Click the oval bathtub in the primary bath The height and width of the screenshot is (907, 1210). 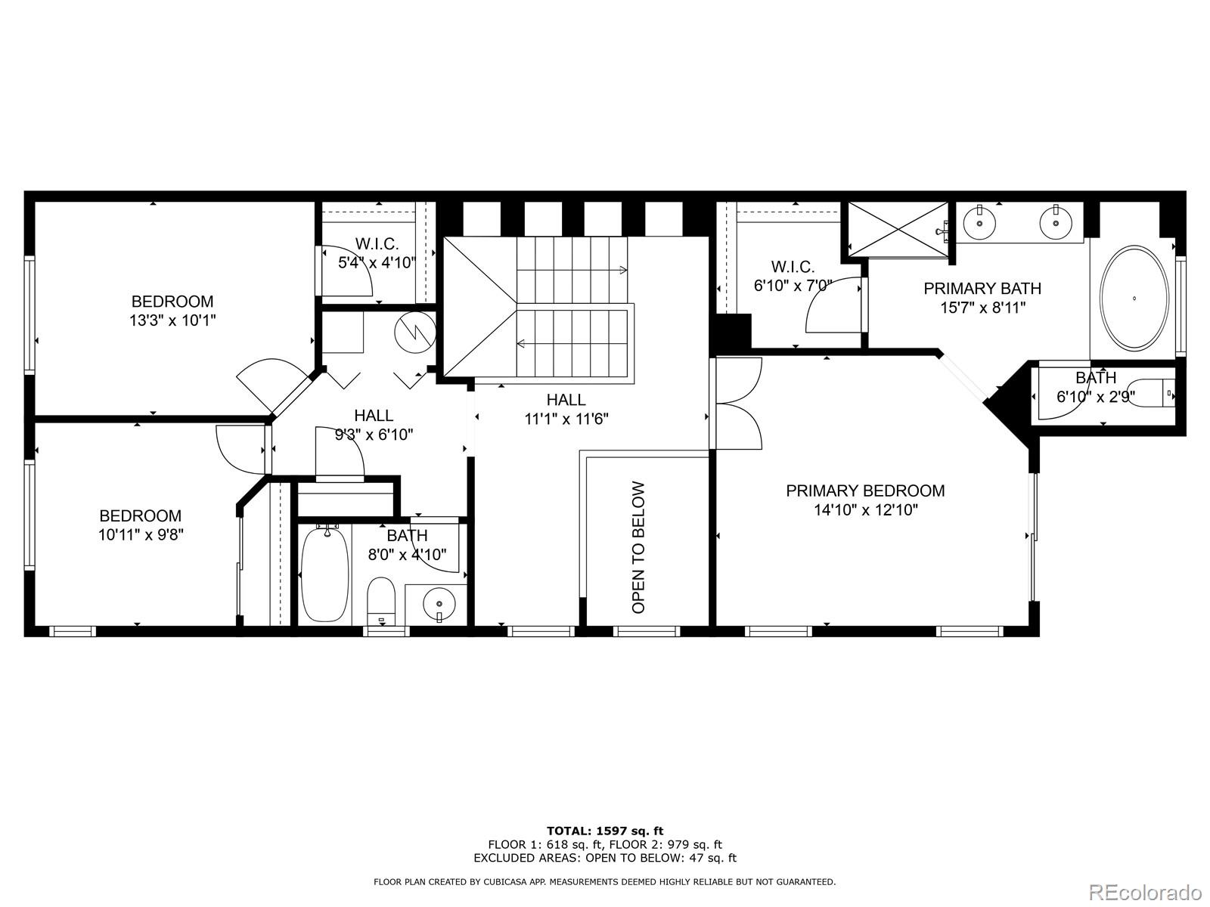[1134, 298]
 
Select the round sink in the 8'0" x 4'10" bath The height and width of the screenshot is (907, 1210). [439, 604]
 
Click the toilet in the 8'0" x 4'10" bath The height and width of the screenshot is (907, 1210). [381, 601]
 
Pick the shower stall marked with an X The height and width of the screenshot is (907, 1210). [898, 229]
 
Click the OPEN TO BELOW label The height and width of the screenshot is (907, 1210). [638, 547]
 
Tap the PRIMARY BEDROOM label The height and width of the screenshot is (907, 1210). [865, 491]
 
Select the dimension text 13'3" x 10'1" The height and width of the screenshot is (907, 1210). [172, 320]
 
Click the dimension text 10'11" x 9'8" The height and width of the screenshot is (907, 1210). [141, 534]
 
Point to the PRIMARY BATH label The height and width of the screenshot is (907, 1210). [982, 289]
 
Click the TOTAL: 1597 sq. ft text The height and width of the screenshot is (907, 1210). [605, 831]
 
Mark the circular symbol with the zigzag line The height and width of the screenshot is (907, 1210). [415, 332]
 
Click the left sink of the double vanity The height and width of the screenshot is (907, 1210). [979, 222]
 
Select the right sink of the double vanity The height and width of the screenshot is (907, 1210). [1056, 222]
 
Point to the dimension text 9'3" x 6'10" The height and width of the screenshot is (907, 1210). [374, 435]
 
